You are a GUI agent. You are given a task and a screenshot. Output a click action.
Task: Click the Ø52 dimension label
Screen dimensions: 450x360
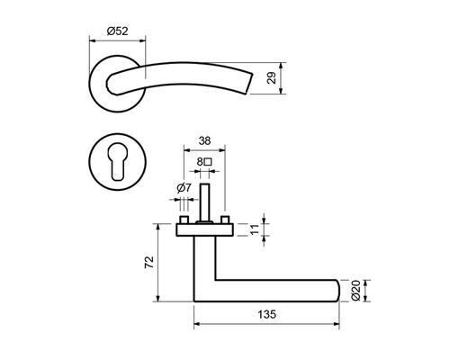click(x=118, y=31)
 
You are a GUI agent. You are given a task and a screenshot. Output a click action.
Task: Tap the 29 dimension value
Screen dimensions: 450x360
click(x=272, y=78)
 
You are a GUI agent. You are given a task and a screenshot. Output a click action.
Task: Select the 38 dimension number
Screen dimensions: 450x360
click(x=204, y=140)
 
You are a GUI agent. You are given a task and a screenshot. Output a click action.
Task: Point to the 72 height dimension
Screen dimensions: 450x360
click(x=149, y=262)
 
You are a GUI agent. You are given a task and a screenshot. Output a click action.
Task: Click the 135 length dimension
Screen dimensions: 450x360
click(x=266, y=314)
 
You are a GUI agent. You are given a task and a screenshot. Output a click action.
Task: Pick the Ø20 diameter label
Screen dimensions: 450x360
click(x=355, y=291)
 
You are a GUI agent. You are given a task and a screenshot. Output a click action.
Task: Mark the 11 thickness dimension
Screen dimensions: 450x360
click(x=255, y=229)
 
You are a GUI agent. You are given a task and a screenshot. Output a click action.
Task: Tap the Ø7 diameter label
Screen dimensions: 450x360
click(x=184, y=188)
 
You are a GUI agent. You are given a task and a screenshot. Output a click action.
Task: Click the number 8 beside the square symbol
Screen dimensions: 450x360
click(x=200, y=162)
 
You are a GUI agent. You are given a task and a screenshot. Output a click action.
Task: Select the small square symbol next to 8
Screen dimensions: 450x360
click(x=208, y=162)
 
